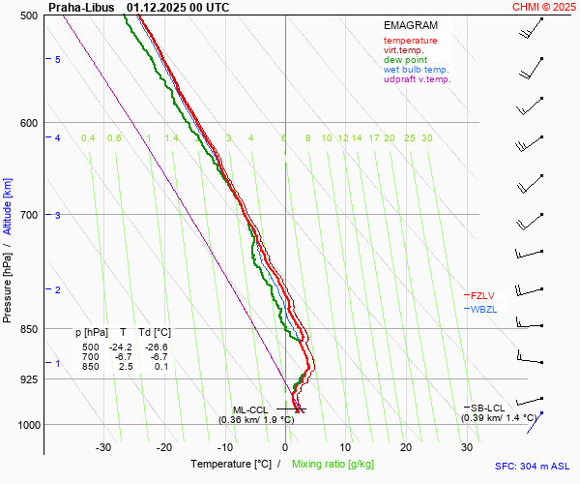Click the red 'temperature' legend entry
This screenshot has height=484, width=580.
(410, 41)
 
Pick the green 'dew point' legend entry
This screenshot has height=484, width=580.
(405, 60)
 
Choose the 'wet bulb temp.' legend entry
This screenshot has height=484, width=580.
(416, 70)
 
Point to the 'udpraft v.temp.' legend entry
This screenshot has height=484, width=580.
(417, 79)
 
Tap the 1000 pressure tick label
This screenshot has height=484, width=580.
(27, 425)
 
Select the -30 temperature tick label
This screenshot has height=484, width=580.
(103, 447)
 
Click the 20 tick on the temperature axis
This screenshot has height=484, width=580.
(406, 447)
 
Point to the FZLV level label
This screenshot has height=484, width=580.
(482, 295)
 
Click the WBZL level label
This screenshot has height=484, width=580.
(483, 309)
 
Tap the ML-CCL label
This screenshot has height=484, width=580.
(250, 409)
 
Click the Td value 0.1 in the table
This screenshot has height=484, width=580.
(161, 366)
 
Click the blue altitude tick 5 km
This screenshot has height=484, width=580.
(58, 60)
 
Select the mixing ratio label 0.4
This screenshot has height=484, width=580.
(88, 138)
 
